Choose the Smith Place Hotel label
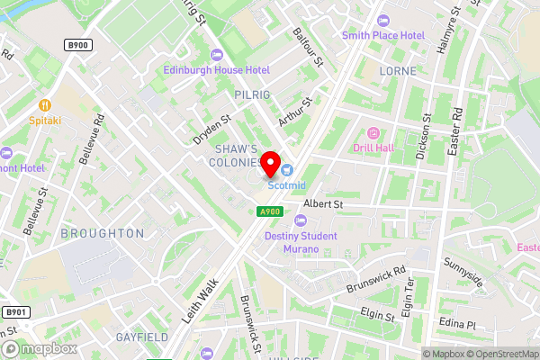382,35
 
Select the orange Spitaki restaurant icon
44,104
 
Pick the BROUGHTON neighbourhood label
102,233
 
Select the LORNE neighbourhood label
398,70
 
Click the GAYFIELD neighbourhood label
142,337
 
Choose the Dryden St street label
212,129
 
